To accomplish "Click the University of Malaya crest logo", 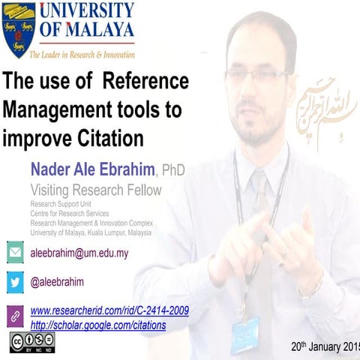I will point(19,29).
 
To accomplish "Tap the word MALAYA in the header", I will point(96,31).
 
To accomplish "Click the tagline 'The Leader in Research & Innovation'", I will point(82,55).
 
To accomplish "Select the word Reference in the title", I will point(145,80).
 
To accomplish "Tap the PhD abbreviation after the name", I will point(173,170).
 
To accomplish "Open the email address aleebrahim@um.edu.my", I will point(79,253).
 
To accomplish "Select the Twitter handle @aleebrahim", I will point(57,282).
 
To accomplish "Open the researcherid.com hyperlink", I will point(109,310).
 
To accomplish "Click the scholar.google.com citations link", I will point(97,325).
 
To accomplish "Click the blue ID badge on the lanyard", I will point(245,334).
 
